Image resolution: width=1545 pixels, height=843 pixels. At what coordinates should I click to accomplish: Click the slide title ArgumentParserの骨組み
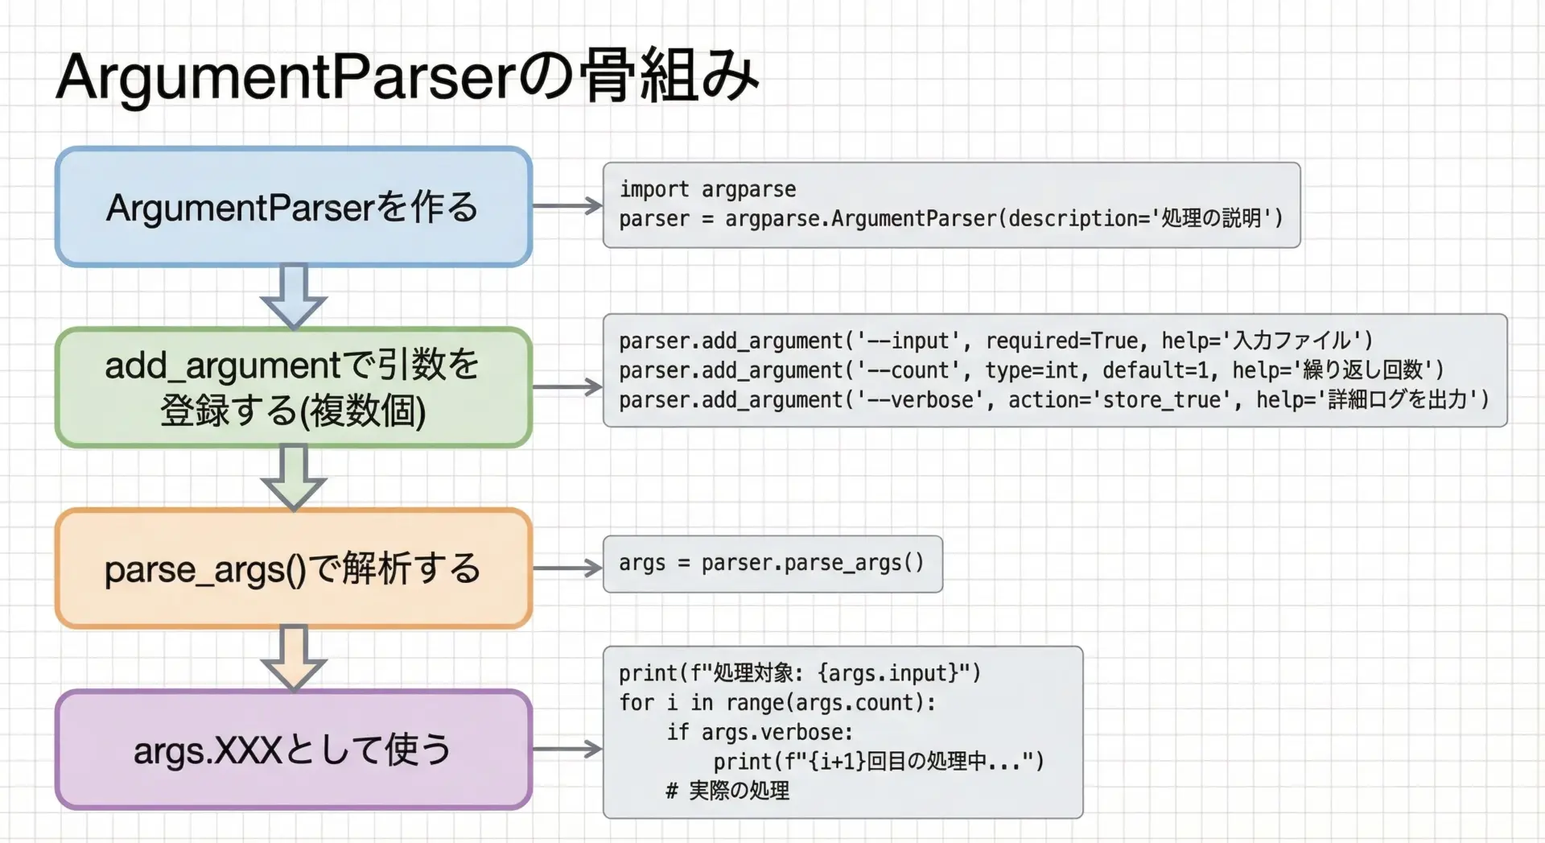point(407,76)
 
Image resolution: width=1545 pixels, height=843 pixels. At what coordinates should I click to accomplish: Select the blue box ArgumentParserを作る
point(294,206)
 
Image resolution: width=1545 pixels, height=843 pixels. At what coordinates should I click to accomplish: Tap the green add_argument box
point(294,387)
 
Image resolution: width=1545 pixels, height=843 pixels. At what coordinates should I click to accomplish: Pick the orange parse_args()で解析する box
point(294,568)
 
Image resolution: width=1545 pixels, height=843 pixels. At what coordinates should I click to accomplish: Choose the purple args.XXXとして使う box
point(294,750)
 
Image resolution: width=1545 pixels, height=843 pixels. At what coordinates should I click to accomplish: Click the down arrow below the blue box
point(294,296)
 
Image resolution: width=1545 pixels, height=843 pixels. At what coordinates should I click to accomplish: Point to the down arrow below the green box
point(294,477)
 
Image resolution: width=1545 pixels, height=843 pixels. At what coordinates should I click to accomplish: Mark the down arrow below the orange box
point(294,659)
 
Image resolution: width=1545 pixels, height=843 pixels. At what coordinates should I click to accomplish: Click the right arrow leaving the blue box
point(567,206)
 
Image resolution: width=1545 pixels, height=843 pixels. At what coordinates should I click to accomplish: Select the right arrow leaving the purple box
point(567,750)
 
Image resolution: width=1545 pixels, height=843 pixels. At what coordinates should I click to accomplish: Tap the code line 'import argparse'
point(707,189)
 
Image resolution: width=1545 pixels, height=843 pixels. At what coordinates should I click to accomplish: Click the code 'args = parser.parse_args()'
point(772,563)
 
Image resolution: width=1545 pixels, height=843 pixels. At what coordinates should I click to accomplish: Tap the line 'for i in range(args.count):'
point(777,703)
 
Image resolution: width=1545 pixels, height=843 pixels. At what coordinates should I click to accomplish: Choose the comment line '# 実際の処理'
point(727,791)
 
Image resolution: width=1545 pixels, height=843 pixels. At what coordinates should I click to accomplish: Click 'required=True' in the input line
point(1061,341)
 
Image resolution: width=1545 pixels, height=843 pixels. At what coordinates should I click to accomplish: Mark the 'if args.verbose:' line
point(760,732)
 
